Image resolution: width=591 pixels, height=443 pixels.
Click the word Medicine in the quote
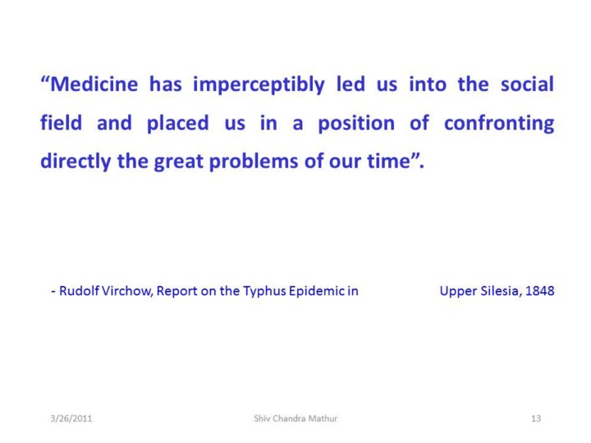[x=94, y=84]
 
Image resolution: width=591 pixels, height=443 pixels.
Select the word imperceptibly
[x=259, y=85]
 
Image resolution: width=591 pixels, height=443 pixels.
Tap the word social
[x=527, y=84]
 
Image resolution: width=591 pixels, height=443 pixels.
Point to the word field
[x=61, y=122]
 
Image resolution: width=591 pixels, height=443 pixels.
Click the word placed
[x=177, y=124]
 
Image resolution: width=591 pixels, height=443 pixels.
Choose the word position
[x=356, y=124]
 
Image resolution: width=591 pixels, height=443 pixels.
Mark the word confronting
[x=499, y=124]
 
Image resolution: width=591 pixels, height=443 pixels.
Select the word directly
[x=76, y=162]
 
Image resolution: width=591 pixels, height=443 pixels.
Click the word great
[x=179, y=162]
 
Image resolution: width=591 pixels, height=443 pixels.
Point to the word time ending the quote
[x=388, y=161]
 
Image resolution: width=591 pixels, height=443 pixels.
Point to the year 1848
[x=539, y=290]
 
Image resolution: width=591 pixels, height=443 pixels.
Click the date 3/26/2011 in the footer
[x=71, y=418]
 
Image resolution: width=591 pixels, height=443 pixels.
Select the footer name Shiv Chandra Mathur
[x=295, y=418]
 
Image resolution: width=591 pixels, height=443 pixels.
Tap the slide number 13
[x=536, y=418]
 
